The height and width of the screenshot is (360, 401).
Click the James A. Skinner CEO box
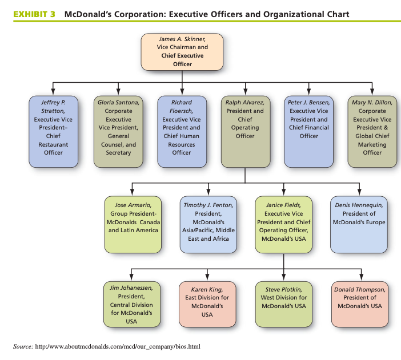click(182, 52)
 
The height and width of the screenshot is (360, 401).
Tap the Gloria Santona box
click(118, 131)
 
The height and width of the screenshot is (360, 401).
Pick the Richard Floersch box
click(182, 131)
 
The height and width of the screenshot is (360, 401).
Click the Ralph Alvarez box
click(245, 131)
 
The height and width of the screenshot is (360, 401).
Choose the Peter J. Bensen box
click(309, 131)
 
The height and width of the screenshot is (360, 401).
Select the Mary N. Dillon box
click(372, 131)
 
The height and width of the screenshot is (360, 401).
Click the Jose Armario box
click(133, 224)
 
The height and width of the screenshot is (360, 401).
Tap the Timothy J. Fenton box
click(208, 224)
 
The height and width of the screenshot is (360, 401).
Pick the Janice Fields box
click(284, 224)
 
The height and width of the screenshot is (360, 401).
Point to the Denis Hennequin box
click(360, 224)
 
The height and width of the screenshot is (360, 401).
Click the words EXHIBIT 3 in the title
click(34, 14)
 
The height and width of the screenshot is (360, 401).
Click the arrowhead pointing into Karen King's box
click(207, 277)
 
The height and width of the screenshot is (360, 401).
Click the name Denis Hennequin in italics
click(360, 204)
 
